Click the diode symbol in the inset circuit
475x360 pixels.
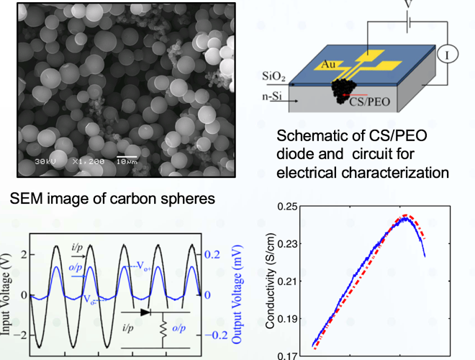coord(147,313)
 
